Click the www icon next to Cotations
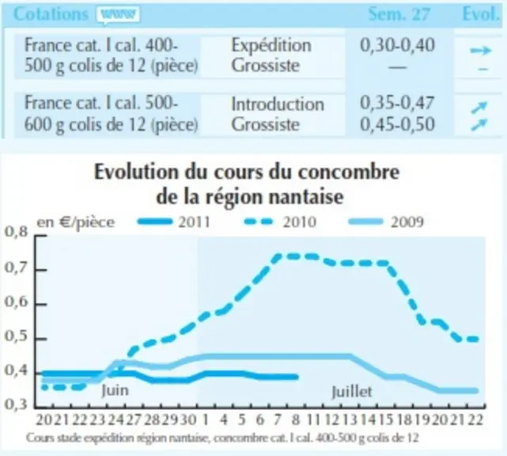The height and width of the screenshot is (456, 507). tap(118, 15)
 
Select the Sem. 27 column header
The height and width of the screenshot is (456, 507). tap(399, 14)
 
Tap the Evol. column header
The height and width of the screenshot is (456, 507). tap(481, 14)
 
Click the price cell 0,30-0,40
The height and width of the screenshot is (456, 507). tap(397, 45)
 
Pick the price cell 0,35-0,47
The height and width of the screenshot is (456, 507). tap(397, 103)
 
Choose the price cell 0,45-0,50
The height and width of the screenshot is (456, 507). tap(397, 124)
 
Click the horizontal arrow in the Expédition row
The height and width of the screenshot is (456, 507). tap(481, 51)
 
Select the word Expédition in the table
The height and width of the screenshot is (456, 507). tap(271, 46)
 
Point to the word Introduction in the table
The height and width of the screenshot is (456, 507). tap(278, 104)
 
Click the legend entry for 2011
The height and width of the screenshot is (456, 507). tap(174, 222)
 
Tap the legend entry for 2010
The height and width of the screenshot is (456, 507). tap(280, 222)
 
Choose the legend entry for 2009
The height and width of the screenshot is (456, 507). tap(387, 222)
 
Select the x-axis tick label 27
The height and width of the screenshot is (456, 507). tap(134, 420)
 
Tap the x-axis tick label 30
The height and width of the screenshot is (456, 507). tap(188, 420)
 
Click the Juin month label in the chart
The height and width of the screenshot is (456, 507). tap(115, 390)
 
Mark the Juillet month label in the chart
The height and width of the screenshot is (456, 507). tap(352, 392)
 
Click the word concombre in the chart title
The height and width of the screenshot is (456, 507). tap(349, 172)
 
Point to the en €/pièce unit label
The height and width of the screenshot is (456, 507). tap(76, 222)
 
